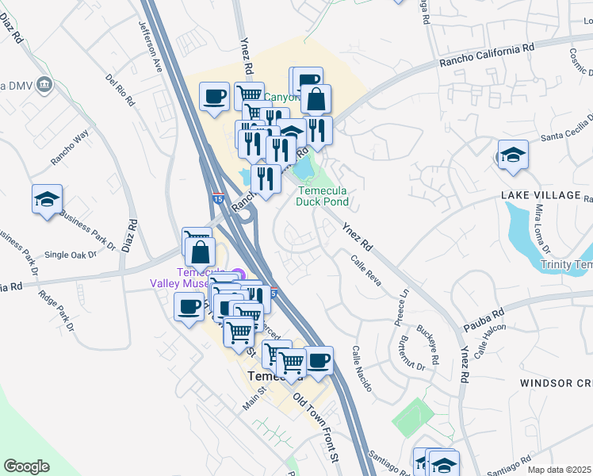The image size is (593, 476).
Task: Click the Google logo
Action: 26,466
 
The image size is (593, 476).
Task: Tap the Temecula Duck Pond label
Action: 323,196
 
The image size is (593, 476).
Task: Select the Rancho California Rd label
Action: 488,54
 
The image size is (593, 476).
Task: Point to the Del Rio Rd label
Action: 121,91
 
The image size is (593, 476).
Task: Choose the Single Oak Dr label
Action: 70,255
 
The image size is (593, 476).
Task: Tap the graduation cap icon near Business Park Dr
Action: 47,199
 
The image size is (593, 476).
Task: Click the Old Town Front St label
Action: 316,424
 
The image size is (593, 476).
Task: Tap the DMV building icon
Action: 44,84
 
